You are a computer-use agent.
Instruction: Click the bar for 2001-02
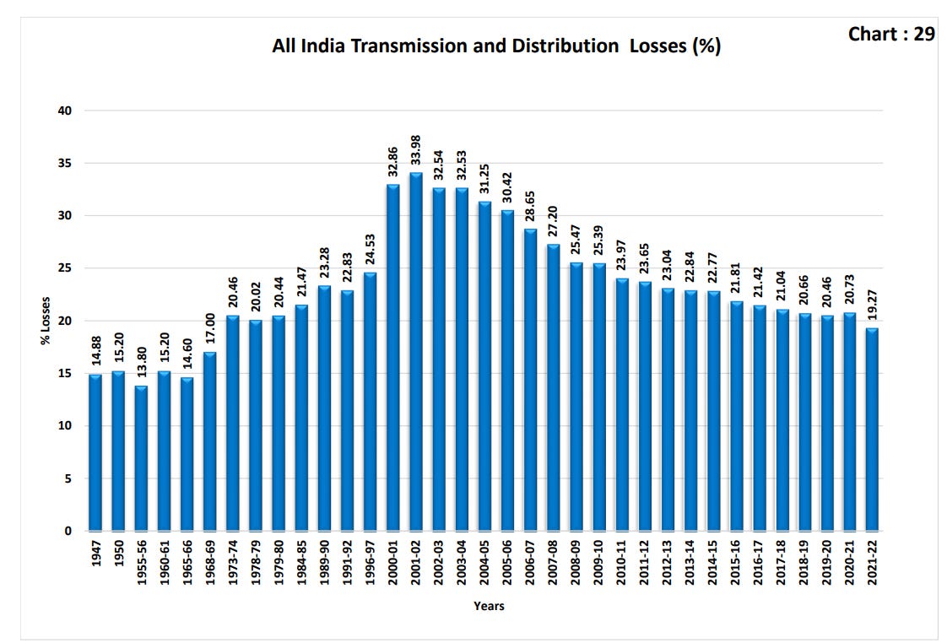(x=416, y=352)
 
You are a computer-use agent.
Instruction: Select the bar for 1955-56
(x=141, y=458)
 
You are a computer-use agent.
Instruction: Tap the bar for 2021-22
(x=872, y=430)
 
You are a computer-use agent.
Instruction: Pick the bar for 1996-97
(x=371, y=402)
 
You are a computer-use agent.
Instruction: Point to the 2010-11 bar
(x=622, y=404)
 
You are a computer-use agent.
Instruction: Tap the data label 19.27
(x=872, y=305)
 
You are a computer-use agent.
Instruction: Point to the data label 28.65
(x=530, y=207)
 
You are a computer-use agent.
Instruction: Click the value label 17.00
(x=209, y=329)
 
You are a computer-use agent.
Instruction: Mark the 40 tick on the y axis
(x=65, y=111)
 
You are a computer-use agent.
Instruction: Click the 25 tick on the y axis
(x=65, y=268)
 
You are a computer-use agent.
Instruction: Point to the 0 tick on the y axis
(x=68, y=532)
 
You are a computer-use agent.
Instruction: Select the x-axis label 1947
(x=96, y=553)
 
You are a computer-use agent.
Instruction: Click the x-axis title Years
(x=489, y=606)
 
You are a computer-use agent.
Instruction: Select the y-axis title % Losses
(x=46, y=321)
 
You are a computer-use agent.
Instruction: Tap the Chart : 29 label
(x=891, y=34)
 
